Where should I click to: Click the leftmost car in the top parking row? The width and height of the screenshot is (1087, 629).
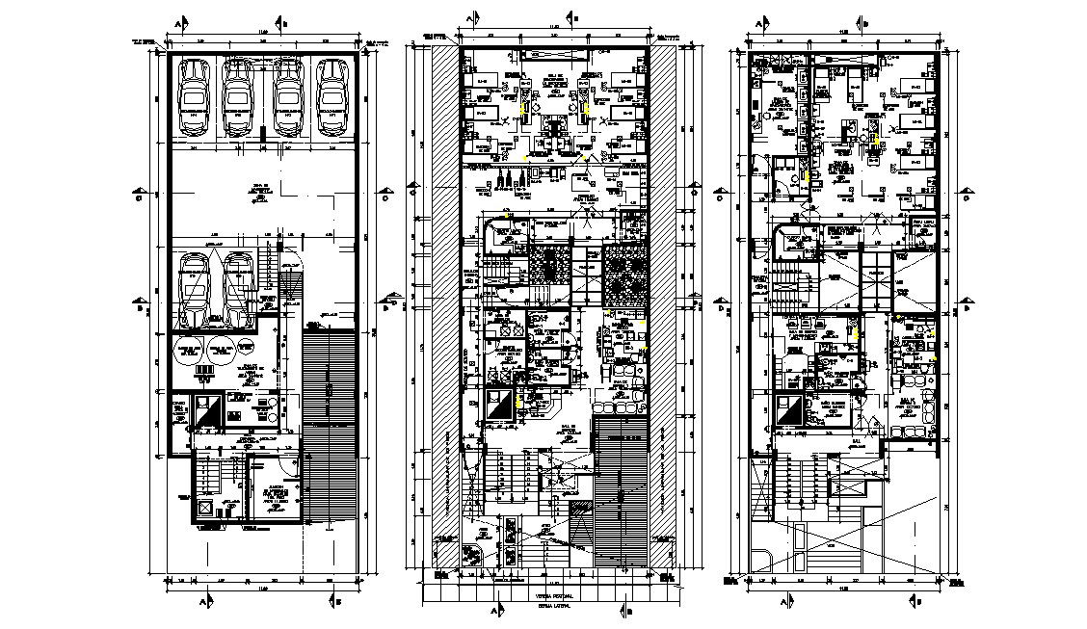[196, 97]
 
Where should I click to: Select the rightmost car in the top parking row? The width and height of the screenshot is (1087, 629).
[332, 97]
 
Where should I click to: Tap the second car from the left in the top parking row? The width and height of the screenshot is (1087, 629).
[239, 97]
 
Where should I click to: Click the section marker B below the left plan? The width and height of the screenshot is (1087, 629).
[338, 601]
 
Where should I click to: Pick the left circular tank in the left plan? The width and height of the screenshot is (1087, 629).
[191, 350]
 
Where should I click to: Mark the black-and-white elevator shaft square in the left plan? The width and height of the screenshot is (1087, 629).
[207, 411]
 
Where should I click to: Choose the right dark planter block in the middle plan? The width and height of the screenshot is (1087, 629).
[623, 278]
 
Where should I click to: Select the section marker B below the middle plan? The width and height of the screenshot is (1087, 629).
[627, 611]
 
